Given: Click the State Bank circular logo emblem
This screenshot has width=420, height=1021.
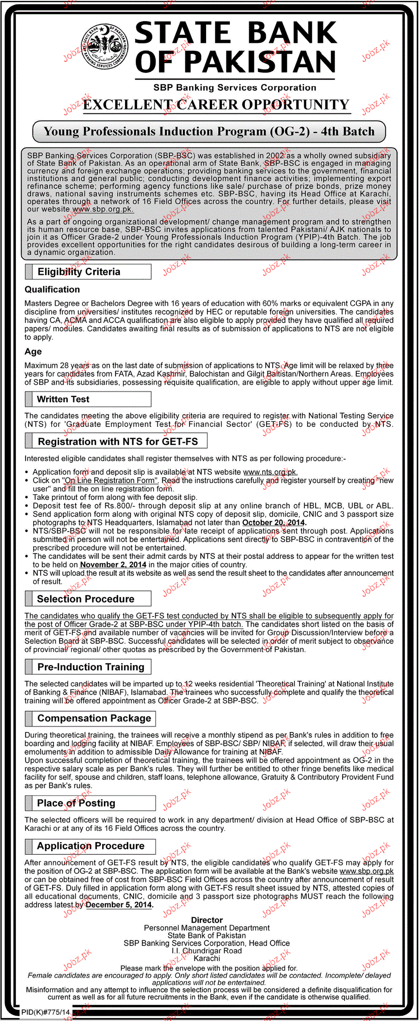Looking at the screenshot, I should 104,46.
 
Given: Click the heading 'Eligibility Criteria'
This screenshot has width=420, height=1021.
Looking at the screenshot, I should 79,272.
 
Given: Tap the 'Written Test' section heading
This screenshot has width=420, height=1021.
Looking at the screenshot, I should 63,399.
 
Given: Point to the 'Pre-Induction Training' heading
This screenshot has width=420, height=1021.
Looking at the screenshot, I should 91,667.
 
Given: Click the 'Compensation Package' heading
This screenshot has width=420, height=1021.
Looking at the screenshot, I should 94,718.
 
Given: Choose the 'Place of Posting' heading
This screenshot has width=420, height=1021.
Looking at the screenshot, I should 76,803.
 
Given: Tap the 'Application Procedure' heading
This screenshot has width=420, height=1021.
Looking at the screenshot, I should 91,846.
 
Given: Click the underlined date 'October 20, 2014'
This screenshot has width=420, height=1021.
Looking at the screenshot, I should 273,522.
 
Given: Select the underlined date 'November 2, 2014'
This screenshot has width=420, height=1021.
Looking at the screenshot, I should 113,564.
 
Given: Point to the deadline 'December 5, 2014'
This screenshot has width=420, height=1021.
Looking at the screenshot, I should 118,905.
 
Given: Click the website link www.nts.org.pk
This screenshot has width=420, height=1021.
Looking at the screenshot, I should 270,472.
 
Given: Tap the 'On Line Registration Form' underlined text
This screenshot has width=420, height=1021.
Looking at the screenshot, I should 110,480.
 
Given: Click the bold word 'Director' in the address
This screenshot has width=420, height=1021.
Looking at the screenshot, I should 206,920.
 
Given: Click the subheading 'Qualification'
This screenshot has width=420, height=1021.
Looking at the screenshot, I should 52,290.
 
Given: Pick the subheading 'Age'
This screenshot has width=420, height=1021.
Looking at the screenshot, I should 33,352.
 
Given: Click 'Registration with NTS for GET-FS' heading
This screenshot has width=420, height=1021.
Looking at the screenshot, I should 118,442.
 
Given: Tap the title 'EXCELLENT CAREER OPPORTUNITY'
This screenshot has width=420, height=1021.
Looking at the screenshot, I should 216,105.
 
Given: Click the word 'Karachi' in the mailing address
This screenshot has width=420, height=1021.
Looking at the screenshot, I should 206,959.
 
